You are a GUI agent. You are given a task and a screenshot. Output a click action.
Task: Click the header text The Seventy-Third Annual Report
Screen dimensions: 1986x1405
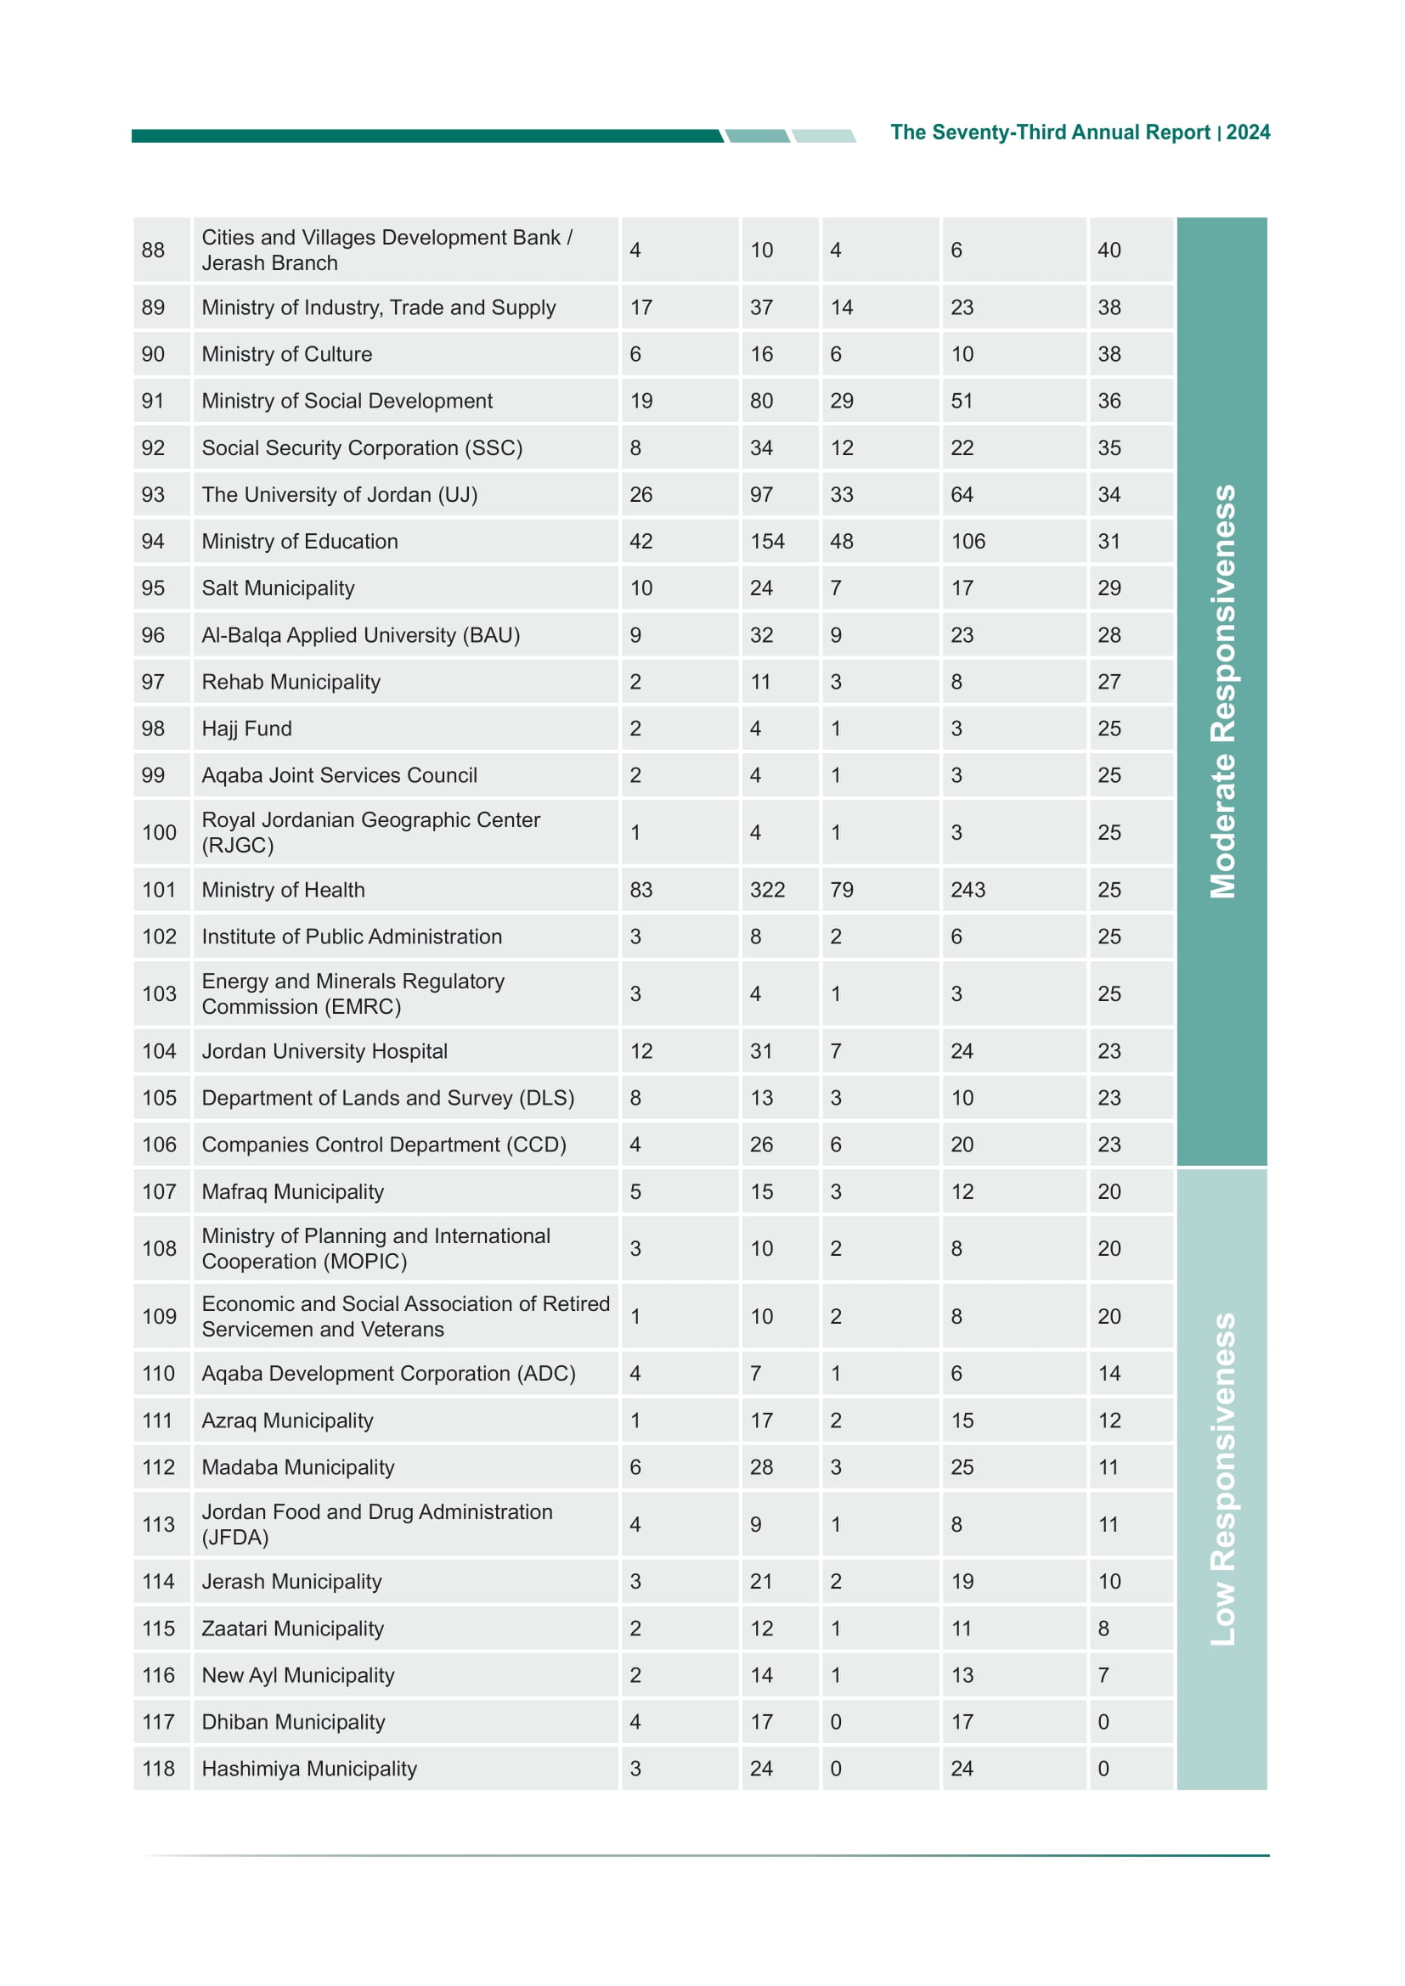[1049, 132]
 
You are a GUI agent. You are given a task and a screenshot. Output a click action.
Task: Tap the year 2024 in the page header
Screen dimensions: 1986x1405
[1248, 132]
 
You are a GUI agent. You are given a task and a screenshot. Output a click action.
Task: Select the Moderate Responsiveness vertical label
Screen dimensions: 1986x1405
[1222, 691]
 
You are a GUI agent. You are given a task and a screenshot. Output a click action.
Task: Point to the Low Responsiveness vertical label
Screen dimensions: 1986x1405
[1222, 1479]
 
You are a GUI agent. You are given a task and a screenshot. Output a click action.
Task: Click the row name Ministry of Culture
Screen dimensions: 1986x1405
[286, 355]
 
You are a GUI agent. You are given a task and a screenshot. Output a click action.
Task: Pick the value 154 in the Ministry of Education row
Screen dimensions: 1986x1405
[766, 542]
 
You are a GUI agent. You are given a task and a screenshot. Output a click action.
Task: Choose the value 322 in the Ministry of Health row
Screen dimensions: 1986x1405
[766, 890]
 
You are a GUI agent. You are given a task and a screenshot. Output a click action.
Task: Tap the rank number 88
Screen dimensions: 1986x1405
[153, 250]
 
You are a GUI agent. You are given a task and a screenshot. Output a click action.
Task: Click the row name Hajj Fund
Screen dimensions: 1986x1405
[246, 729]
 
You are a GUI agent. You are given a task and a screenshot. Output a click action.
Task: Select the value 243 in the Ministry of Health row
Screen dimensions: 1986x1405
[968, 890]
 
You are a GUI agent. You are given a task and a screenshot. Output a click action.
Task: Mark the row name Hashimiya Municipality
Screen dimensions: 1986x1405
[309, 1769]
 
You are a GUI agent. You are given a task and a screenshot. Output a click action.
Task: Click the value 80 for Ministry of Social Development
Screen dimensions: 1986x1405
[761, 402]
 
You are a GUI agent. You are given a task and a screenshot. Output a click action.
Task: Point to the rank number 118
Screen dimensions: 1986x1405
[158, 1769]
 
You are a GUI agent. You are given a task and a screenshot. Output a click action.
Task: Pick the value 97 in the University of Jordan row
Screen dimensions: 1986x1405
[761, 495]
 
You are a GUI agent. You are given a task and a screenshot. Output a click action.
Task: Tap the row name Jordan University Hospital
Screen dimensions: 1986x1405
[324, 1052]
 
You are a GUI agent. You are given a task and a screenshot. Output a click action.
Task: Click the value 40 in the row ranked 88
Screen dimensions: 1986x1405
[1109, 250]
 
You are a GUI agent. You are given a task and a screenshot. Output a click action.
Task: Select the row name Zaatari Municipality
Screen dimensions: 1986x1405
[292, 1629]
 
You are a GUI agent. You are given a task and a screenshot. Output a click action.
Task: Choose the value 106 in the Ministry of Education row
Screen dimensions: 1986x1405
[968, 542]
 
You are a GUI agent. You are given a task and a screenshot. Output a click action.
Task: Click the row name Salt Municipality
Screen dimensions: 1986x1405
[278, 588]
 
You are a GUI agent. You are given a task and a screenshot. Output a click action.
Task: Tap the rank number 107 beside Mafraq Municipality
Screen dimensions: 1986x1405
[159, 1192]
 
